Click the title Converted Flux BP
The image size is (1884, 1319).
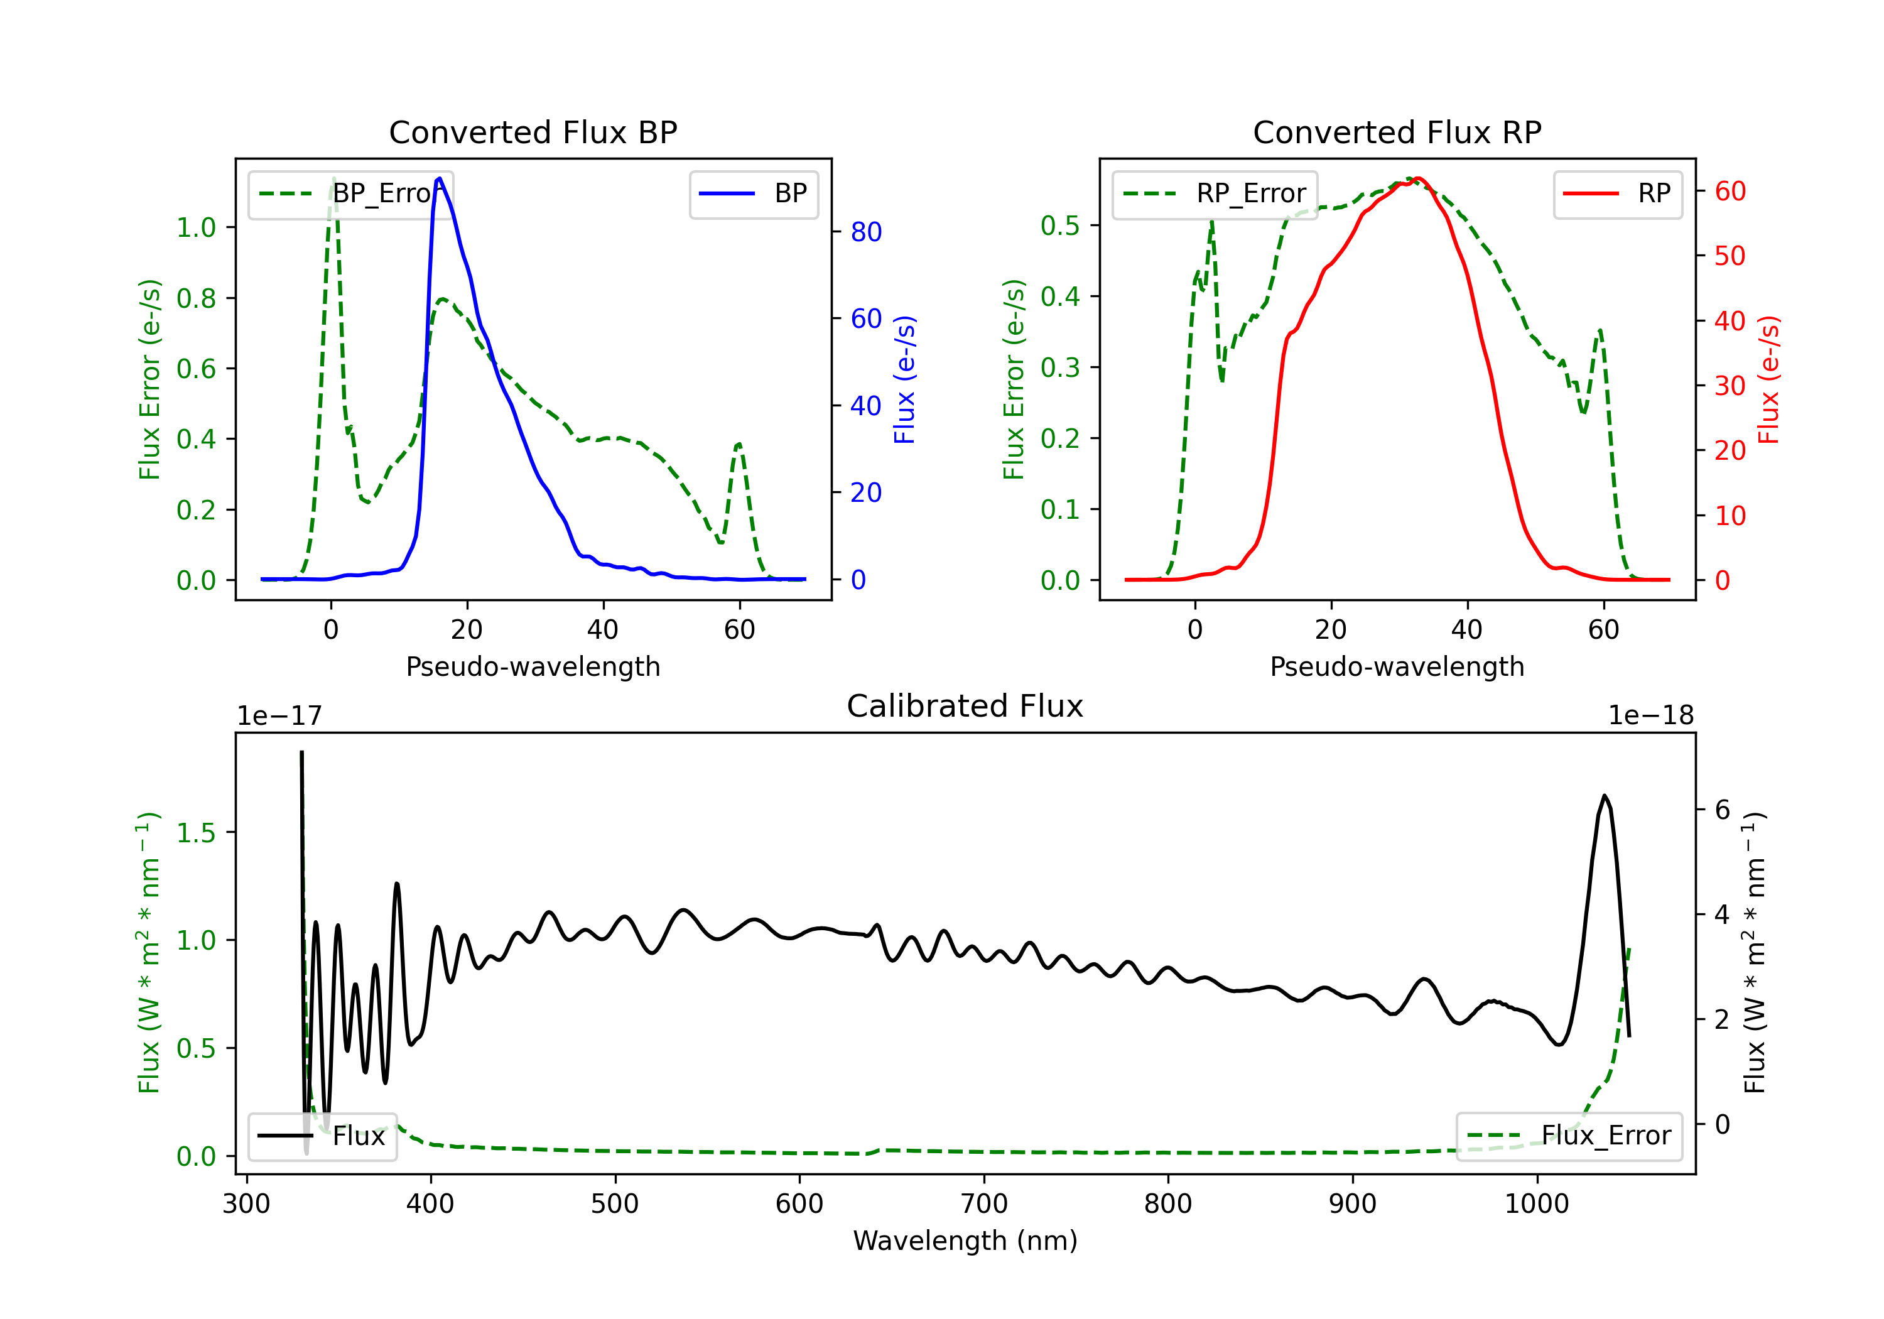(x=533, y=132)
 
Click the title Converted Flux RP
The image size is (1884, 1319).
(x=1397, y=132)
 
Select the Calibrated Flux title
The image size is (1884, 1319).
(x=965, y=706)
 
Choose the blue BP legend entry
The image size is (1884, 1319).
(x=753, y=193)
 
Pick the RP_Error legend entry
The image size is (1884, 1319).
(x=1215, y=193)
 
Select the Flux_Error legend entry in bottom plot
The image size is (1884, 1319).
(x=1569, y=1136)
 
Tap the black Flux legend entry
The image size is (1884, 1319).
(x=322, y=1136)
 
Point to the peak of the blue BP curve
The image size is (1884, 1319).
(x=440, y=178)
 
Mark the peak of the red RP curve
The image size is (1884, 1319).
(x=1418, y=178)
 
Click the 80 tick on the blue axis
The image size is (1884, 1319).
(x=865, y=232)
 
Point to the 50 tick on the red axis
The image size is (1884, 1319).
(x=1730, y=256)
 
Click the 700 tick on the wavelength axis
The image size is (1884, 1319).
(x=984, y=1204)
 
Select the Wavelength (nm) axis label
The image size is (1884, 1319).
(x=965, y=1241)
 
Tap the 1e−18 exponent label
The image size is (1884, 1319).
(x=1651, y=716)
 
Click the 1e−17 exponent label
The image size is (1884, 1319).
(x=280, y=716)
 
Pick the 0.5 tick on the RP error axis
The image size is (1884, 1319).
(x=1059, y=225)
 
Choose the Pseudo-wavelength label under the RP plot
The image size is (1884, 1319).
(x=1397, y=666)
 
